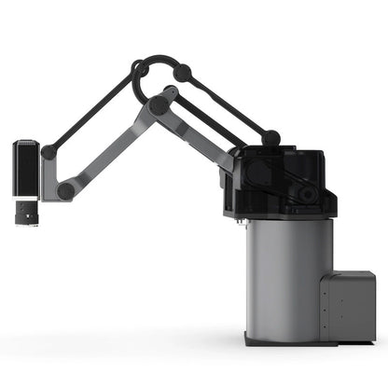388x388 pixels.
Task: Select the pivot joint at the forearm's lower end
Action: point(65,190)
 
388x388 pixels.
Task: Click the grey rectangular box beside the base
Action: point(347,305)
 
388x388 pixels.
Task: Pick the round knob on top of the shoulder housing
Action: point(270,138)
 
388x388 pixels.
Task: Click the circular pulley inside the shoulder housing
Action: point(305,193)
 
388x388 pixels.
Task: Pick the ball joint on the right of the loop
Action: point(182,72)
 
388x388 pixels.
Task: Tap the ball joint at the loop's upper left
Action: point(138,68)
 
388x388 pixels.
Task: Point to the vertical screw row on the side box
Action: point(323,308)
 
